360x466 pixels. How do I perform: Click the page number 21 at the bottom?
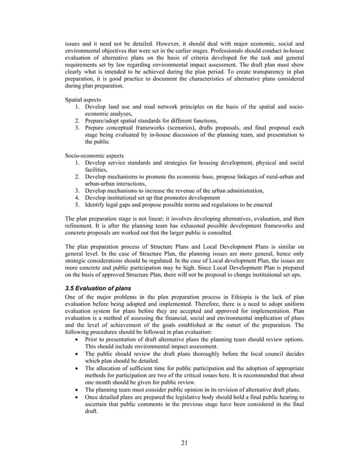click(x=184, y=441)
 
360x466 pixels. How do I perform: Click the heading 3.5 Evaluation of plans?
click(x=98, y=288)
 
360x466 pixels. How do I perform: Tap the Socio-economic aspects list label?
click(x=94, y=155)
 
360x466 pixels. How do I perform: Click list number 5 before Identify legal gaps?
click(x=77, y=205)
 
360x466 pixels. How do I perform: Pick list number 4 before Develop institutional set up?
click(x=77, y=197)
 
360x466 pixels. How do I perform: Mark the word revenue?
click(x=191, y=191)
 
